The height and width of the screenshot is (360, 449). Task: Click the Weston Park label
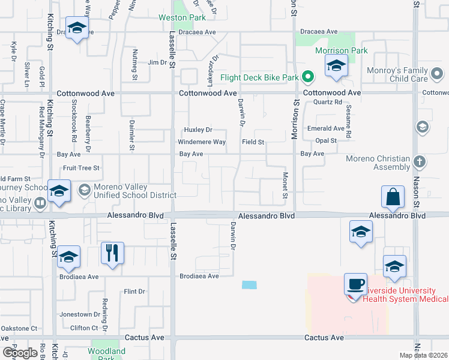pos(182,18)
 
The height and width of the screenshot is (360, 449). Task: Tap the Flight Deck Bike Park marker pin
pos(308,77)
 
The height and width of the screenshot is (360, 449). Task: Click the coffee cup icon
pos(356,283)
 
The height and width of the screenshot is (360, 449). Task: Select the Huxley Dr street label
pos(198,130)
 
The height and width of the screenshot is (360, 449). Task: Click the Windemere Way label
pos(202,142)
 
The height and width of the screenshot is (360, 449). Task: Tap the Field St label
pos(253,142)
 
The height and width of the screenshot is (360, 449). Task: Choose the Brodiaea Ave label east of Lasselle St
pos(199,277)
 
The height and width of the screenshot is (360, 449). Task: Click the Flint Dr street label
pos(134,292)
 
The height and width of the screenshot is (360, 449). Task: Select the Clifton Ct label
pos(84,328)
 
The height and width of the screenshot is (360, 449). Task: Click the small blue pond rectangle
pos(249,285)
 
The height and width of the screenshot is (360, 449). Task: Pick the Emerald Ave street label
pos(325,128)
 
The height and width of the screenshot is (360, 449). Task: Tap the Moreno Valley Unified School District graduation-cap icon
pos(85,190)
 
